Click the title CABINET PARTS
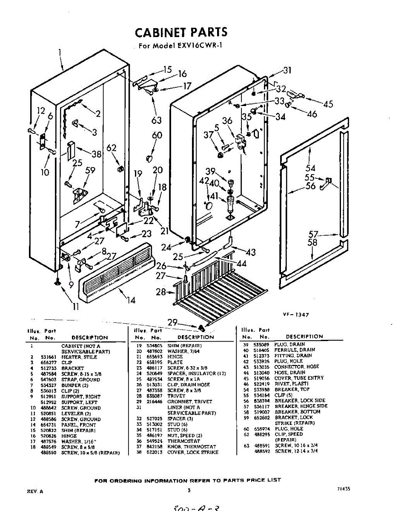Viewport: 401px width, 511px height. [x=181, y=33]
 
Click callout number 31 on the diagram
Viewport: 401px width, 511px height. [x=287, y=71]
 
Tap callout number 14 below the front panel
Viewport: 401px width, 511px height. [x=131, y=300]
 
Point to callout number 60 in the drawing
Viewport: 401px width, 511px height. [x=157, y=136]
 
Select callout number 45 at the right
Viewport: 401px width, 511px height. [x=328, y=103]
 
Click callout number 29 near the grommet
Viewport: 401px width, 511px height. [x=172, y=323]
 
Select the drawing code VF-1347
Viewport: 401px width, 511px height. [x=296, y=315]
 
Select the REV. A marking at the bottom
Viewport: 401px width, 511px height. [x=35, y=491]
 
